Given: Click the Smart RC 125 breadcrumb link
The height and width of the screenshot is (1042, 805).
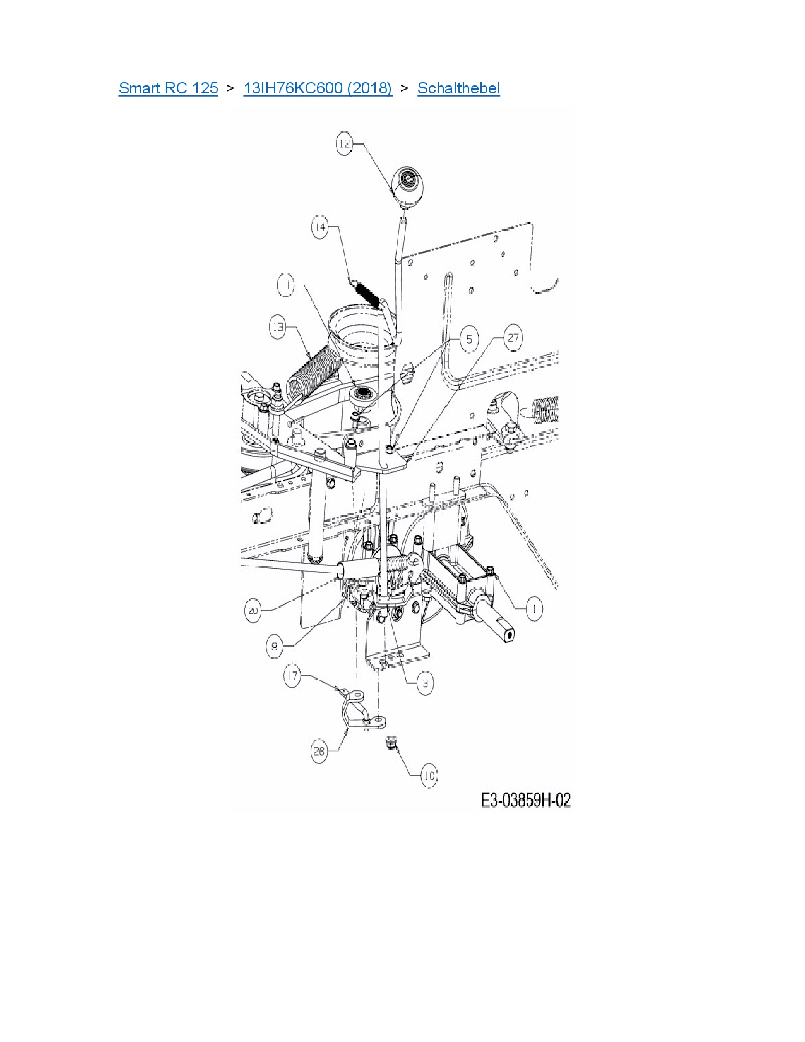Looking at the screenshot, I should pyautogui.click(x=168, y=88).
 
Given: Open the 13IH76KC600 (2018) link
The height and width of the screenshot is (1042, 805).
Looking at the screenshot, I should pyautogui.click(x=318, y=88).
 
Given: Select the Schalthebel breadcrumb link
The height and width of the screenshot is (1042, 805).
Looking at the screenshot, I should pyautogui.click(x=458, y=88).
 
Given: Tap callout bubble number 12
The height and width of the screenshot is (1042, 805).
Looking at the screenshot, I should pyautogui.click(x=344, y=144).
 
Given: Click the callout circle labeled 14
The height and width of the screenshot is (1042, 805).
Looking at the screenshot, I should pyautogui.click(x=320, y=227).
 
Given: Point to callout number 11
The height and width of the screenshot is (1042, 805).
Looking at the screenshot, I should pyautogui.click(x=286, y=285).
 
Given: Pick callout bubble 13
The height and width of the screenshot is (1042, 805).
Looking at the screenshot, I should pyautogui.click(x=278, y=328).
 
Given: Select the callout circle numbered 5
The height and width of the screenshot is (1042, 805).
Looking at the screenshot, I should pyautogui.click(x=469, y=339).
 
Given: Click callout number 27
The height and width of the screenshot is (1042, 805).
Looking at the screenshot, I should pyautogui.click(x=513, y=338).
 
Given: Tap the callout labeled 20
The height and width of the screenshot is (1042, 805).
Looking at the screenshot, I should pyautogui.click(x=253, y=611).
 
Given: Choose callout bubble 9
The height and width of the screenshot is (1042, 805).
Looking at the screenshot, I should pyautogui.click(x=274, y=647).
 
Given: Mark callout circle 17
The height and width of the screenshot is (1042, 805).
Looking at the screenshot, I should pyautogui.click(x=292, y=676).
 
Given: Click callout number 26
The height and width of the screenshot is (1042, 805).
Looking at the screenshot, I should pyautogui.click(x=319, y=752).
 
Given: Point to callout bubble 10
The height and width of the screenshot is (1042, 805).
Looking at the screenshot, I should pyautogui.click(x=429, y=776).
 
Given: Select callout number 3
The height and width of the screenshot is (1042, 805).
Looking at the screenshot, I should pyautogui.click(x=425, y=683).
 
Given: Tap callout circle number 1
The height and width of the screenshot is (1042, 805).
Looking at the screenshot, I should pyautogui.click(x=534, y=609).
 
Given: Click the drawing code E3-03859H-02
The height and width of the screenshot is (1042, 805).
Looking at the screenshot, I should pyautogui.click(x=526, y=801).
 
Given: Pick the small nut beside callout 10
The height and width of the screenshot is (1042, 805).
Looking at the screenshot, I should pyautogui.click(x=391, y=743).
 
